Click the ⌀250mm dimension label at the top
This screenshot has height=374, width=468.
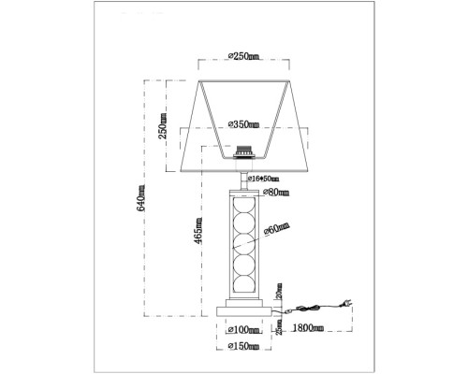pyautogui.click(x=245, y=58)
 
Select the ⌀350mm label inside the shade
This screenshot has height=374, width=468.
pyautogui.click(x=245, y=123)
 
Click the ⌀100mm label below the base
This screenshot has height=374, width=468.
pyautogui.click(x=245, y=329)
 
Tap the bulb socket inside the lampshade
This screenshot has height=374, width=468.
pyautogui.click(x=245, y=150)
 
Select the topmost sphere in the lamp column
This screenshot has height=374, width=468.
pyautogui.click(x=245, y=207)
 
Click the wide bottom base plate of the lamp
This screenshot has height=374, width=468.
pyautogui.click(x=245, y=309)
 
